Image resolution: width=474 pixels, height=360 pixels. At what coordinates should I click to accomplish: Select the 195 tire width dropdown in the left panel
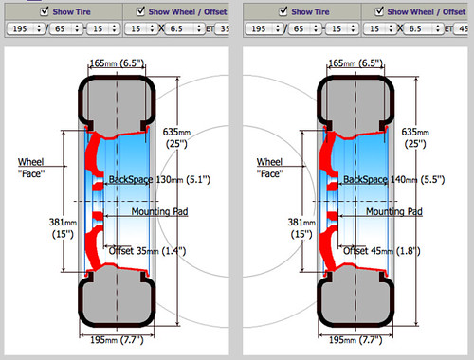click(x=23, y=29)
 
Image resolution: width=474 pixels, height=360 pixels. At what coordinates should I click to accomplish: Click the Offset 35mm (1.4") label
click(x=147, y=250)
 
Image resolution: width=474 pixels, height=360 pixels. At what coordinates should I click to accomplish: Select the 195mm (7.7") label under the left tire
click(x=114, y=336)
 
